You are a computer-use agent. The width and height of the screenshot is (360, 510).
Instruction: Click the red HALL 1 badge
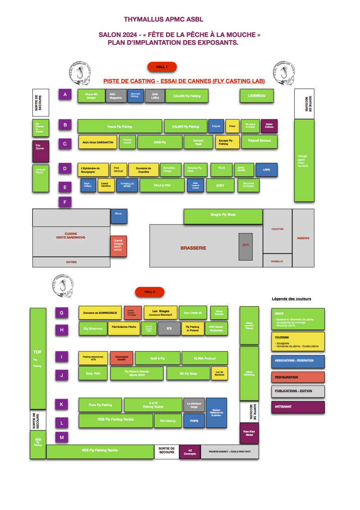click(x=162, y=67)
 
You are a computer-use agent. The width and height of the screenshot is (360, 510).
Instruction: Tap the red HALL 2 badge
click(x=150, y=292)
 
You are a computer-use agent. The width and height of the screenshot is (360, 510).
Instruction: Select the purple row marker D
click(x=65, y=169)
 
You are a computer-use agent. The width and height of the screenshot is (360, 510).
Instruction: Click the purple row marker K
click(x=62, y=404)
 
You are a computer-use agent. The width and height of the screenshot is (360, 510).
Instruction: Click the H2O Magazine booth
click(x=116, y=96)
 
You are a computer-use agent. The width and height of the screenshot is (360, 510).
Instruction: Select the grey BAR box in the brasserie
click(x=246, y=247)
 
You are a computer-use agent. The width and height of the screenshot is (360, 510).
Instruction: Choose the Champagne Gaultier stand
click(x=121, y=358)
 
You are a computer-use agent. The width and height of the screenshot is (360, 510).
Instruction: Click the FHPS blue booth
click(x=194, y=421)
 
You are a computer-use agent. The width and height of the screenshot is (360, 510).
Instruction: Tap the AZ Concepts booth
click(x=190, y=452)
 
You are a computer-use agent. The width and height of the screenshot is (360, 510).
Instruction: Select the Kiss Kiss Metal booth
click(x=249, y=433)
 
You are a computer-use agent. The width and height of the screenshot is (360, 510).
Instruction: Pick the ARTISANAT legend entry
click(x=298, y=407)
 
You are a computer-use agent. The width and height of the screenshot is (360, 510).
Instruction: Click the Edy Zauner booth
click(x=41, y=152)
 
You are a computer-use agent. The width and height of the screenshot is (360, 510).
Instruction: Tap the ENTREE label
click(x=71, y=262)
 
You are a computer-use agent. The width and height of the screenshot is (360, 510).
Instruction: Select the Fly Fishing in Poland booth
click(x=192, y=328)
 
